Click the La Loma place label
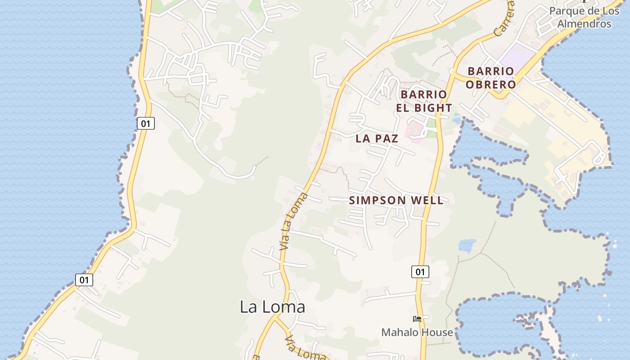[x=272, y=307]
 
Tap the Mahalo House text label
[x=417, y=333]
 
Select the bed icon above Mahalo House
[x=417, y=319]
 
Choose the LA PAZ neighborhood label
[x=377, y=139]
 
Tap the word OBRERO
[x=490, y=84]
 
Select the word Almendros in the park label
[x=584, y=24]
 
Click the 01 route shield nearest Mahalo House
[x=420, y=271]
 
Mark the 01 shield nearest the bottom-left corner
[x=84, y=280]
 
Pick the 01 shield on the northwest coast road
[x=145, y=123]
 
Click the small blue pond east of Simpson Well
[x=467, y=246]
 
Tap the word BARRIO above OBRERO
[x=490, y=71]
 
